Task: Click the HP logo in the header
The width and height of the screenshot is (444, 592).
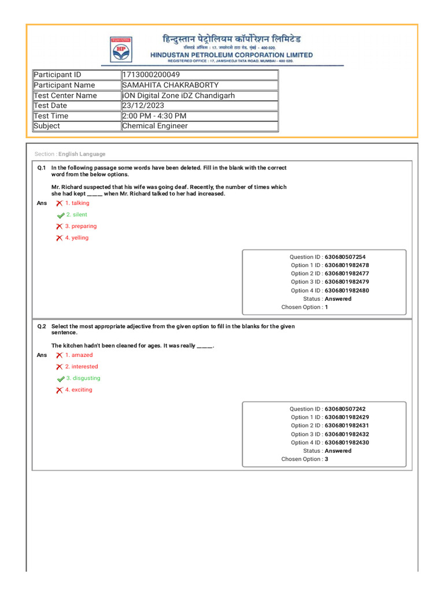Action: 120,49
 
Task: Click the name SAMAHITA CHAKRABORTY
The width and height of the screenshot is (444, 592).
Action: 171,85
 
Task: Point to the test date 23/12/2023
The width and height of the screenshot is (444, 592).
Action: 143,105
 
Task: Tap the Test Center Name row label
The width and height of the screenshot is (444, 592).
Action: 65,95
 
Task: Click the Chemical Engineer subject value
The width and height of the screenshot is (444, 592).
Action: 155,125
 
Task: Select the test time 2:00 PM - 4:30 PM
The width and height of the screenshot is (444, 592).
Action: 154,116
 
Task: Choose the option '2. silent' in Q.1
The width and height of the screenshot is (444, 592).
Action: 76,214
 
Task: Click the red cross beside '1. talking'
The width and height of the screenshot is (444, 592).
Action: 59,203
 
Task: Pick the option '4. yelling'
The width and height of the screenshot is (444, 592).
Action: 77,238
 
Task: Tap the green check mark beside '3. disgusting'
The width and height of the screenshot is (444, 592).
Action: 60,379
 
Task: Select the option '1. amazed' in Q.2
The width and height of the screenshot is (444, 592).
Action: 79,355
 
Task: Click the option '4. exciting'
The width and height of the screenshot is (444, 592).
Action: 79,390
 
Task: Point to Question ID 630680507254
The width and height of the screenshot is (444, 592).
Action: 345,257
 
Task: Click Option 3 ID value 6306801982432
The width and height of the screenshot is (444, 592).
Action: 347,434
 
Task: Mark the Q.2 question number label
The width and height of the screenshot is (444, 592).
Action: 42,327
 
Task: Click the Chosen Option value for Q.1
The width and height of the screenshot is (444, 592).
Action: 327,307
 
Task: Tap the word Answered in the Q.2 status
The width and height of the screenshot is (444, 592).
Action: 338,451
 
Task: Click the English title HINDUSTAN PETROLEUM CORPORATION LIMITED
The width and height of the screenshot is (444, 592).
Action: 231,55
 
